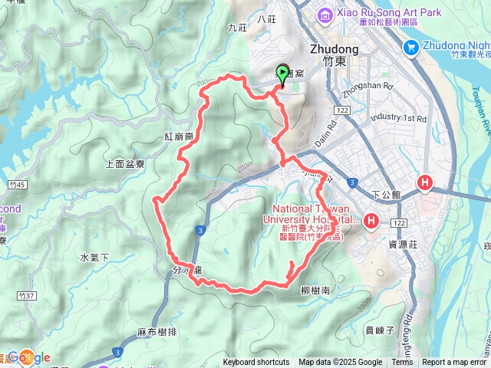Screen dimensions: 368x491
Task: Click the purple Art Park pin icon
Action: click(x=325, y=14)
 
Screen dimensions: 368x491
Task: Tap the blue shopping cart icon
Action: click(x=410, y=48)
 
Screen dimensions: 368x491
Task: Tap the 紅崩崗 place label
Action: click(x=178, y=136)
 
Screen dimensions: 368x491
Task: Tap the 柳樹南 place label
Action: click(x=315, y=291)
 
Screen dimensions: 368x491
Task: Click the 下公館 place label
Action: click(x=385, y=195)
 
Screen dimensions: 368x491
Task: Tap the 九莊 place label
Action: click(x=237, y=28)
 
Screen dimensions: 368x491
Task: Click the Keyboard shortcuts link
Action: click(x=256, y=363)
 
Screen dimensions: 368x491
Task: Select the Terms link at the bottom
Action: click(x=401, y=363)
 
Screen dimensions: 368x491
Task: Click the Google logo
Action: click(x=28, y=356)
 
